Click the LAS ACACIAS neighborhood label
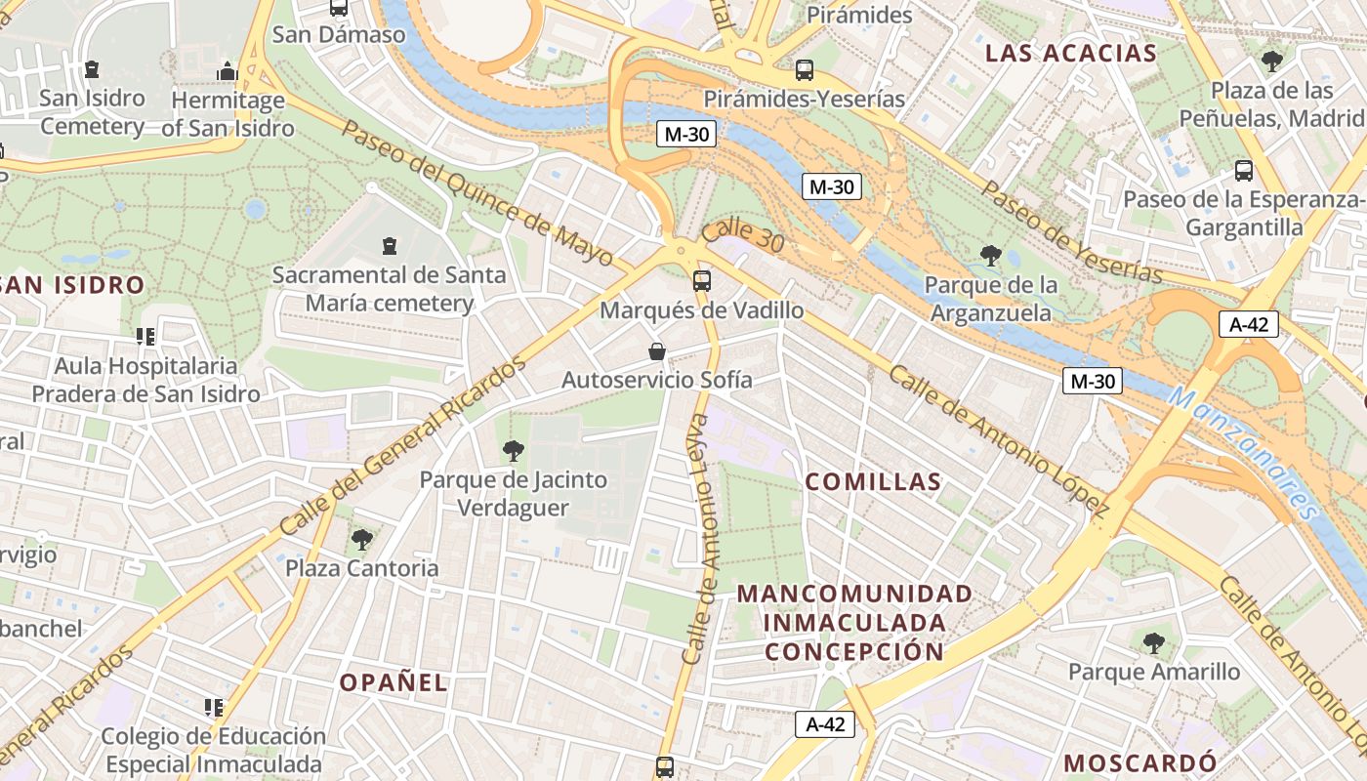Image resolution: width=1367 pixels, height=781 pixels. click(x=1070, y=53)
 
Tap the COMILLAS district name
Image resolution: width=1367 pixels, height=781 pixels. click(x=874, y=481)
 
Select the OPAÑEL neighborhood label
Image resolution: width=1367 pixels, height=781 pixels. click(x=394, y=682)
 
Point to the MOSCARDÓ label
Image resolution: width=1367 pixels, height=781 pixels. click(x=1139, y=762)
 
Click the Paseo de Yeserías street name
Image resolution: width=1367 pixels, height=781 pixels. click(x=1071, y=231)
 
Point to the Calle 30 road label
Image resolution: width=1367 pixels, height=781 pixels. click(x=742, y=237)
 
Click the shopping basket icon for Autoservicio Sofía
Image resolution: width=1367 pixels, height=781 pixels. click(x=657, y=351)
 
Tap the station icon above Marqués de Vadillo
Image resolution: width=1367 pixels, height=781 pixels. click(x=701, y=281)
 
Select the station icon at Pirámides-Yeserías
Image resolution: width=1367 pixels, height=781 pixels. click(x=804, y=70)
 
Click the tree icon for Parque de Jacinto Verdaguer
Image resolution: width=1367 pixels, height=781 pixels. click(x=513, y=451)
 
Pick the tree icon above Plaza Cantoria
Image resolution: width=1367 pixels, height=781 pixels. click(x=362, y=539)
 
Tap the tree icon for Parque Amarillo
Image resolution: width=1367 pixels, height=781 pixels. click(x=1153, y=642)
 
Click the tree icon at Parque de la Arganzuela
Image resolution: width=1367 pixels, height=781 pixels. click(x=991, y=256)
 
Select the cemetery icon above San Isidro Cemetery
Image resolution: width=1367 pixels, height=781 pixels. click(x=92, y=69)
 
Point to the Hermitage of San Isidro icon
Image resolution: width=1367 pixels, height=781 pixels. click(x=228, y=71)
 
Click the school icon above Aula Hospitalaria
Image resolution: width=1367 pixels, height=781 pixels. click(x=145, y=337)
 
